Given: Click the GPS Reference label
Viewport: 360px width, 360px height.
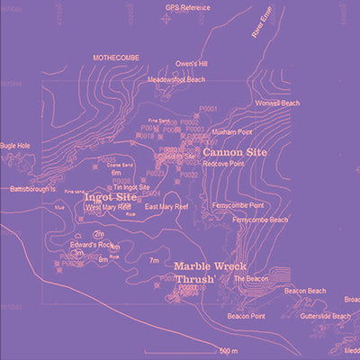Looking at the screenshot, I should (187, 7).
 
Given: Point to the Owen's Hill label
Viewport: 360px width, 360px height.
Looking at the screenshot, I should (191, 65).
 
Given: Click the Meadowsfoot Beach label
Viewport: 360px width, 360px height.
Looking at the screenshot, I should (175, 79).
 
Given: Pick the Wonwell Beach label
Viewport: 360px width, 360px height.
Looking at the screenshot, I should (276, 103).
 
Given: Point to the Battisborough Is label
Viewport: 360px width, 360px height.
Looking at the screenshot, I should (32, 190).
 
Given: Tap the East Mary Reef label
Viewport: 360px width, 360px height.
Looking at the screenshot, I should (166, 207).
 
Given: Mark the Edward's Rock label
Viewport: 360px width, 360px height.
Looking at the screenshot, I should (93, 245).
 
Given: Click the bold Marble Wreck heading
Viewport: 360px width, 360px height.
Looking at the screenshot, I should (210, 267).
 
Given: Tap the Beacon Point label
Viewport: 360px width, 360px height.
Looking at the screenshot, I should (245, 316).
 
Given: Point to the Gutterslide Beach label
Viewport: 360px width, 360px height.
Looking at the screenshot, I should (325, 316).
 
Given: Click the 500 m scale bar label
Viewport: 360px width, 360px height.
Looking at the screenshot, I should (229, 349).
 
